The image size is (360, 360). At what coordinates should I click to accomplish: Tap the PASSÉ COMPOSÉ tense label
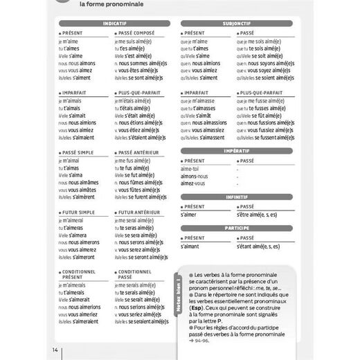tap(137, 33)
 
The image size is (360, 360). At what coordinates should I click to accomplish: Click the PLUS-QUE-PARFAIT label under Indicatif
tap(141, 92)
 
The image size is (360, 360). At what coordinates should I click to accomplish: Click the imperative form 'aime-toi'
tap(190, 168)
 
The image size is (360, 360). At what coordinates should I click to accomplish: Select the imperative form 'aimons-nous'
tap(194, 176)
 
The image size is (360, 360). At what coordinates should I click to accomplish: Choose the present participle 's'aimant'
tap(190, 246)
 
